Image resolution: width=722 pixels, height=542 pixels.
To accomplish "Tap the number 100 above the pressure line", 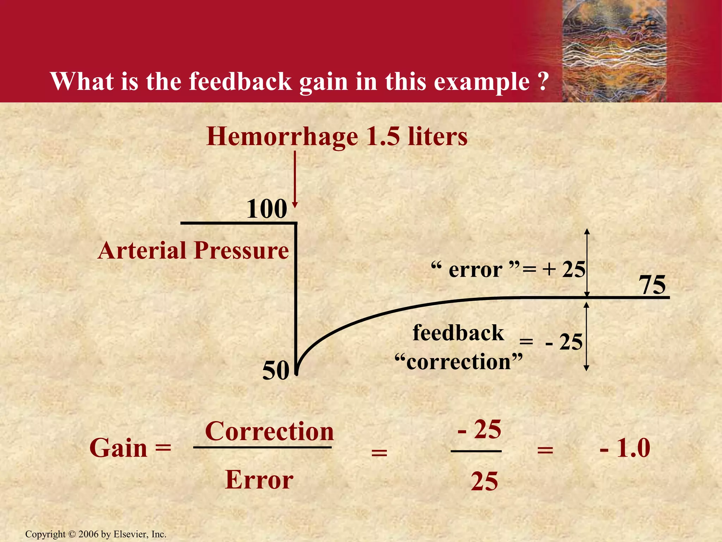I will click(x=267, y=209).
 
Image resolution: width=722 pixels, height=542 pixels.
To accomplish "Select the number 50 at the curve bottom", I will click(x=276, y=371).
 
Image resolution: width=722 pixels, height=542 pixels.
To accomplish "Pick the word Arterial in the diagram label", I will click(x=142, y=251).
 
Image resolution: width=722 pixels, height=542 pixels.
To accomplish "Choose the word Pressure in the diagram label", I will click(x=241, y=251).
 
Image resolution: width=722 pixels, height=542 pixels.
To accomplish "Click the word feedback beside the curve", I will click(x=458, y=333).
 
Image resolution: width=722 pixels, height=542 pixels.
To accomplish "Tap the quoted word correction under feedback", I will click(x=458, y=362).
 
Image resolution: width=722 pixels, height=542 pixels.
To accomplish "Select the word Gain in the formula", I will click(x=118, y=448).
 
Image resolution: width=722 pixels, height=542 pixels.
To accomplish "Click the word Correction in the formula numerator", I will click(x=269, y=431).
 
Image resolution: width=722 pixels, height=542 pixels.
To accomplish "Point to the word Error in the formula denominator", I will click(x=259, y=480).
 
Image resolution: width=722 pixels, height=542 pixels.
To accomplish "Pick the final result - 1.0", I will click(x=625, y=448).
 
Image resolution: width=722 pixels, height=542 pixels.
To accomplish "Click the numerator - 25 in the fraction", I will click(x=479, y=429).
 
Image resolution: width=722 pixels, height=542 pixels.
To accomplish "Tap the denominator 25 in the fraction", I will click(x=484, y=481).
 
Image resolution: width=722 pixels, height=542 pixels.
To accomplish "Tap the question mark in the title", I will click(x=543, y=82).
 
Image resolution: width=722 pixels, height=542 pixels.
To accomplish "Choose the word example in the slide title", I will click(x=482, y=82).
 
